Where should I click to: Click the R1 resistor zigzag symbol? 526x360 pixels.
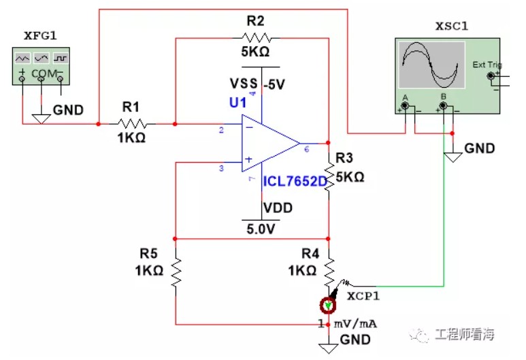pyautogui.click(x=133, y=124)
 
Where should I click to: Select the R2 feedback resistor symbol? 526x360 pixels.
pyautogui.click(x=257, y=38)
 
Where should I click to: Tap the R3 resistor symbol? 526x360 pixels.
pyautogui.click(x=329, y=177)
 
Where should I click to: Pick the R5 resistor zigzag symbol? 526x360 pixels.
pyautogui.click(x=176, y=272)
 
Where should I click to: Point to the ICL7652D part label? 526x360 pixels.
pyautogui.click(x=295, y=182)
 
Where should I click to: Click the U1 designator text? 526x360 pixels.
pyautogui.click(x=238, y=102)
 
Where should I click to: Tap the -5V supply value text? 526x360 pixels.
pyautogui.click(x=274, y=84)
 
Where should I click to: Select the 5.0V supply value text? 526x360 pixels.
pyautogui.click(x=261, y=229)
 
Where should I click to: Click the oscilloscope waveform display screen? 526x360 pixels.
pyautogui.click(x=431, y=65)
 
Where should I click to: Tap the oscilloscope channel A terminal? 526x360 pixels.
pyautogui.click(x=406, y=106)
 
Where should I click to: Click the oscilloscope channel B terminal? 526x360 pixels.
pyautogui.click(x=443, y=106)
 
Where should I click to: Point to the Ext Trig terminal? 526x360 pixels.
pyautogui.click(x=491, y=76)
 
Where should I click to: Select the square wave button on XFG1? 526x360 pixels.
pyautogui.click(x=61, y=59)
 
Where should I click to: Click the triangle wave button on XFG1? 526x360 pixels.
pyautogui.click(x=22, y=59)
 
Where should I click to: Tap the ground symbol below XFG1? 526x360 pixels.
pyautogui.click(x=42, y=119)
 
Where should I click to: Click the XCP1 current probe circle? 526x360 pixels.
pyautogui.click(x=328, y=306)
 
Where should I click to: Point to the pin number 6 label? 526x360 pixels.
pyautogui.click(x=307, y=149)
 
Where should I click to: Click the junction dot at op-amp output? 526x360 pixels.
pyautogui.click(x=328, y=143)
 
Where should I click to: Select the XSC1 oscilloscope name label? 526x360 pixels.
pyautogui.click(x=452, y=26)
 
